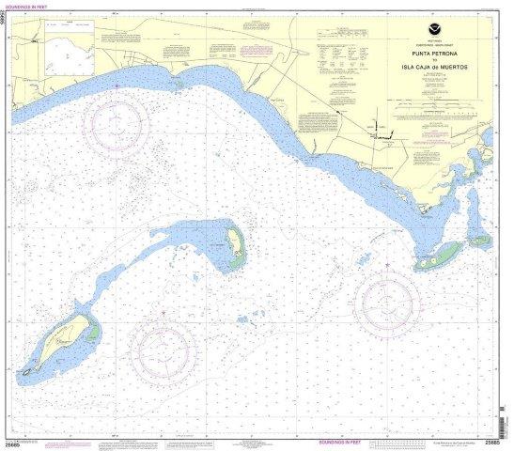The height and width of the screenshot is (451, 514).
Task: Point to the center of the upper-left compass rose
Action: point(116,120)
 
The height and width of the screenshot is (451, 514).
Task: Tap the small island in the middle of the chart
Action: point(232,247)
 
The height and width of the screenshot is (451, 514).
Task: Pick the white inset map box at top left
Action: point(68,51)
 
